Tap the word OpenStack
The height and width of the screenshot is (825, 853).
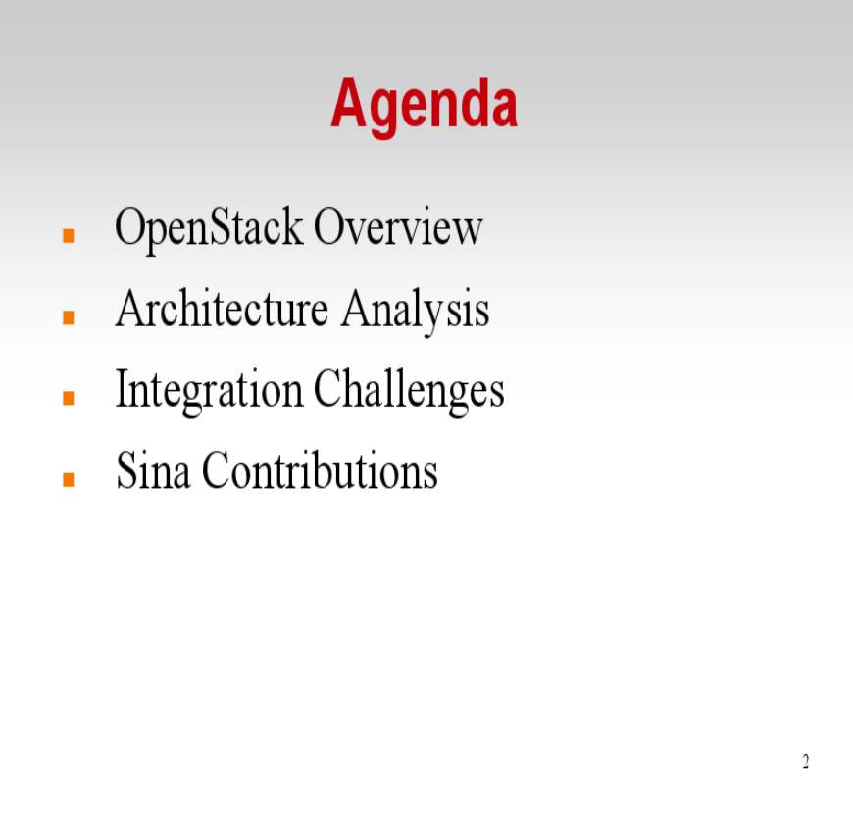(x=210, y=228)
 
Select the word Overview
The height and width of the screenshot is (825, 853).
(x=398, y=226)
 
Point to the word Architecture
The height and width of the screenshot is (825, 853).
(x=222, y=308)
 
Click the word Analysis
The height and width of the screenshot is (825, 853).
(x=415, y=311)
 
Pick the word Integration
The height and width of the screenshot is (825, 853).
(x=210, y=390)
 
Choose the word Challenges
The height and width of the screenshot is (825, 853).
(x=409, y=390)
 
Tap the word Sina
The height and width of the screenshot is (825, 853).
(x=153, y=470)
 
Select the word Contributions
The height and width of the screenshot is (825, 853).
(x=320, y=470)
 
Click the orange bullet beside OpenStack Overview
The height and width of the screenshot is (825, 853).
(x=69, y=235)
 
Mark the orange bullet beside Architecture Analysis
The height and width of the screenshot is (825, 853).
(x=69, y=316)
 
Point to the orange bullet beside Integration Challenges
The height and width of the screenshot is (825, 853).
(x=69, y=398)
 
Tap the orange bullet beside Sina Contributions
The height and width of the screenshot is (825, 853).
(x=69, y=479)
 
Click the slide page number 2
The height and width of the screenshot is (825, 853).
(x=806, y=762)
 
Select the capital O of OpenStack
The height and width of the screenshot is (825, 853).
(x=130, y=226)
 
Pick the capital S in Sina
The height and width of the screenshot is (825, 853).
(x=126, y=470)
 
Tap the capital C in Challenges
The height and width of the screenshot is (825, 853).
(x=328, y=389)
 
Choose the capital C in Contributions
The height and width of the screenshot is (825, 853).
(x=217, y=470)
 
